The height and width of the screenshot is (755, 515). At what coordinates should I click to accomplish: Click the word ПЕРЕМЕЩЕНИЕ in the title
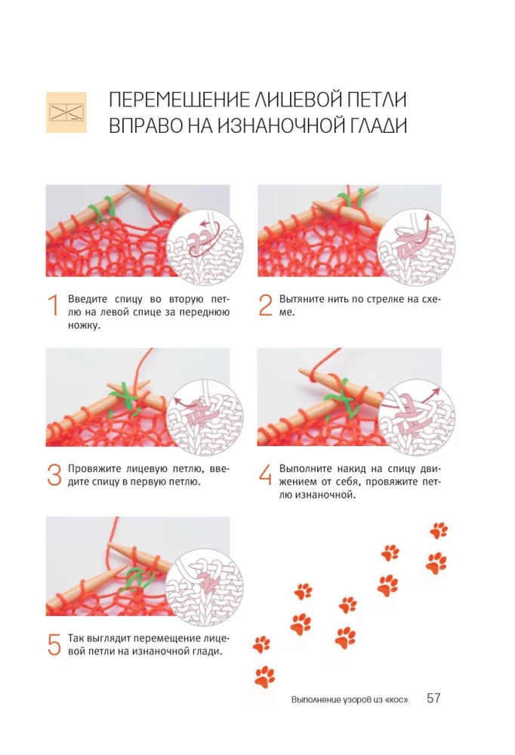tap(179, 100)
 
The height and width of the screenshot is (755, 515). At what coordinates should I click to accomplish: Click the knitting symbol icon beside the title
tap(66, 112)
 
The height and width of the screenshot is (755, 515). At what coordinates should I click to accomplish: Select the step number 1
tap(54, 306)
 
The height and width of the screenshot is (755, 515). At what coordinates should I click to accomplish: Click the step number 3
tap(54, 475)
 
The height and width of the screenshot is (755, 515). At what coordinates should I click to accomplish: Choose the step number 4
tap(266, 475)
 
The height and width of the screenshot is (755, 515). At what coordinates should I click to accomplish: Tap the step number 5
tap(54, 644)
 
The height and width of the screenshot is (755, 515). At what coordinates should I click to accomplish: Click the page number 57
tap(433, 698)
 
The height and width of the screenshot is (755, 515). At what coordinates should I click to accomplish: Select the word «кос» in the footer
tap(396, 700)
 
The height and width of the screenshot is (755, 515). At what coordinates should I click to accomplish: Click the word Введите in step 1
tap(87, 300)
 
